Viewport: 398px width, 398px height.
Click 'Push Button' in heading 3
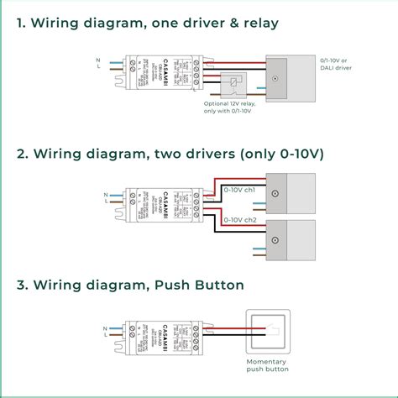202,285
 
